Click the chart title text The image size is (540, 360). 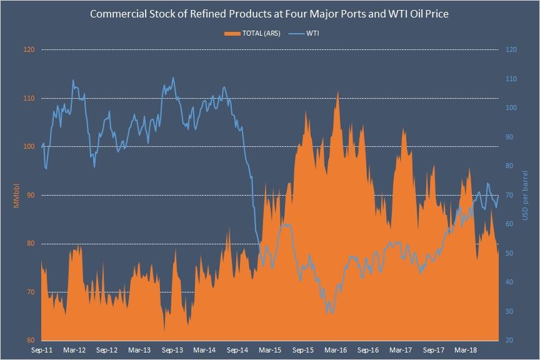click(269, 13)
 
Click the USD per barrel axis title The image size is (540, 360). click(526, 195)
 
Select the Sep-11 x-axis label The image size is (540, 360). click(41, 351)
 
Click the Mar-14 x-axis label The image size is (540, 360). click(206, 351)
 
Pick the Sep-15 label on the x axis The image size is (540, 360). click(303, 351)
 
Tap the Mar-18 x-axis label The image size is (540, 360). click(466, 351)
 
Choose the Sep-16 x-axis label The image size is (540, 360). click(369, 351)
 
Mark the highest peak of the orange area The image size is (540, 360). click(338, 91)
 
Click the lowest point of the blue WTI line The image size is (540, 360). click(330, 312)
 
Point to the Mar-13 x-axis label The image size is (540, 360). click(139, 351)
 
